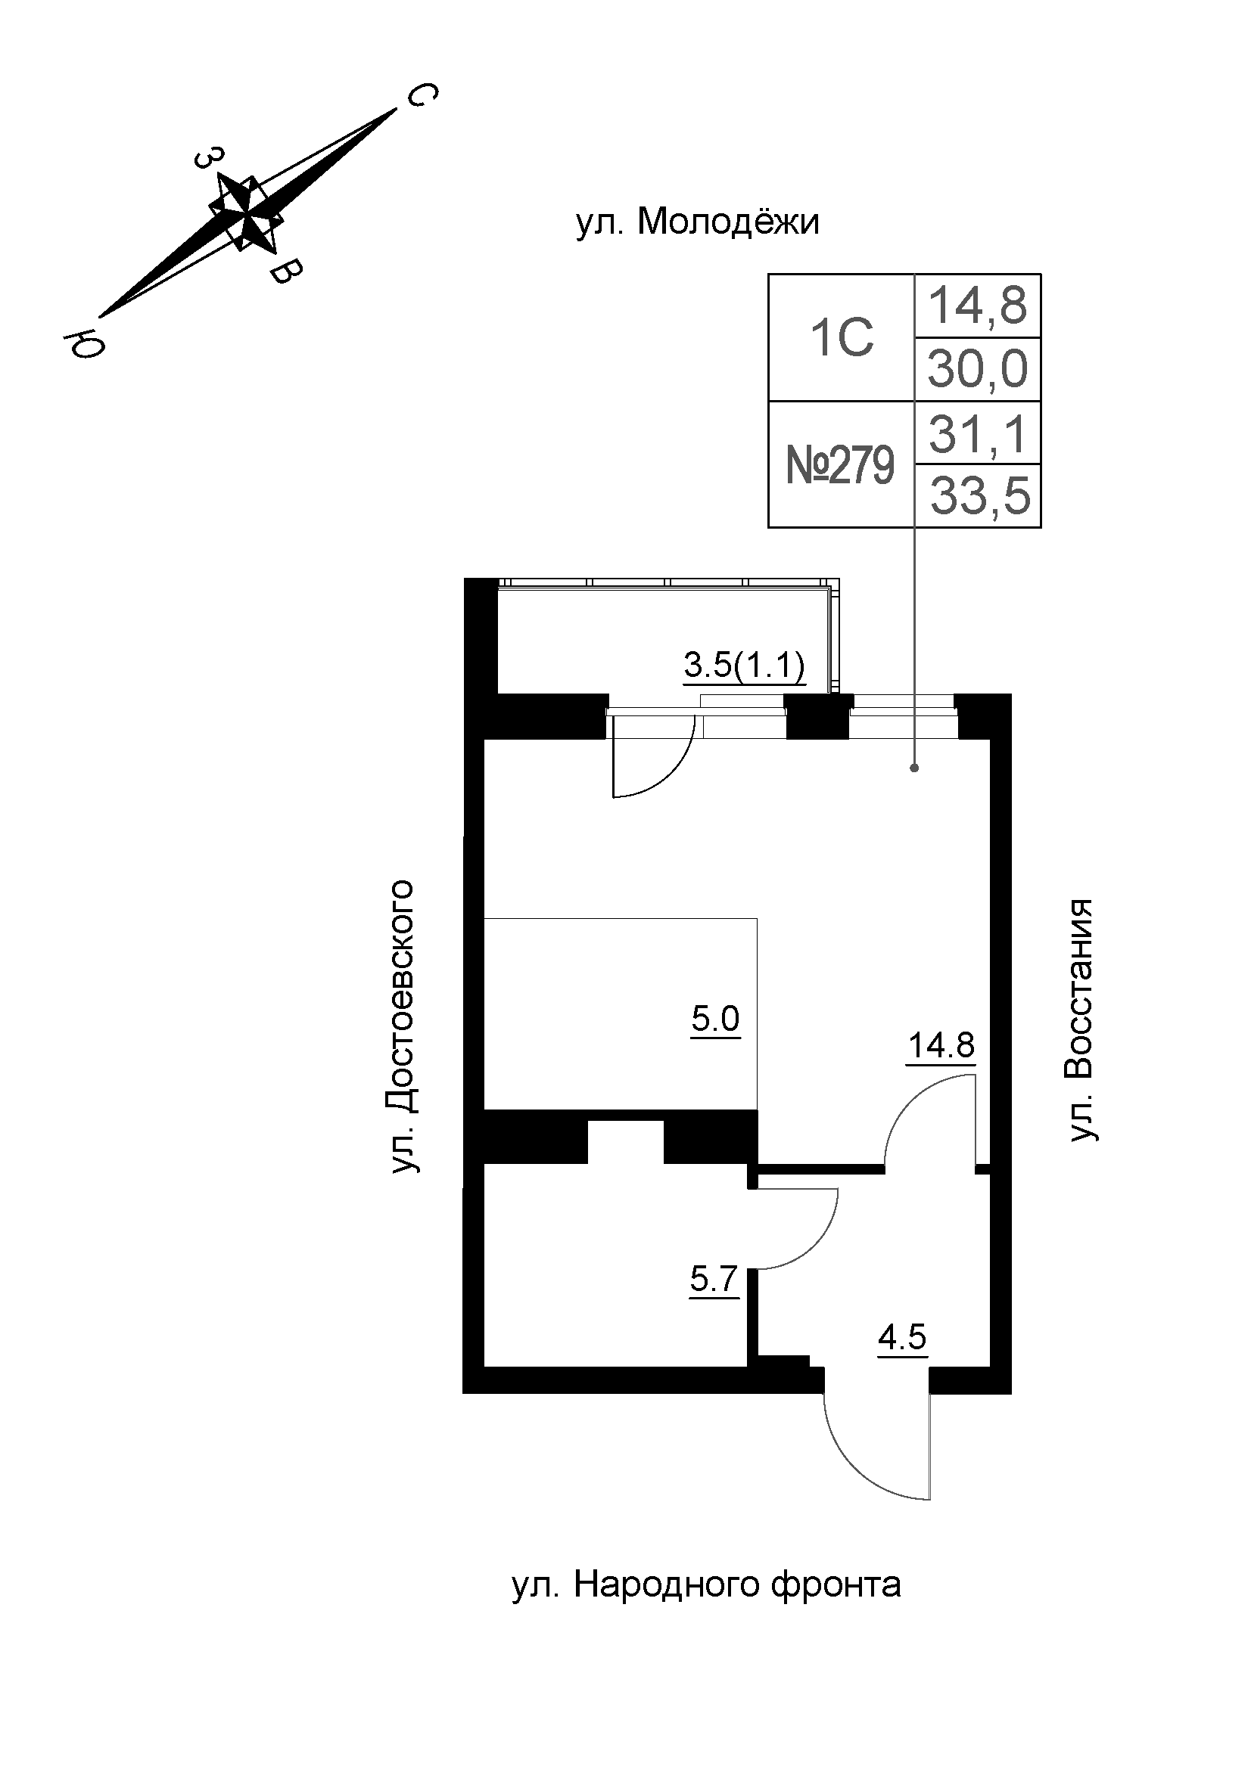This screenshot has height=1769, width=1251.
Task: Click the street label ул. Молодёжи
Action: pyautogui.click(x=698, y=223)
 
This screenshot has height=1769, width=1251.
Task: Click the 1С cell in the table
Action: pyautogui.click(x=842, y=337)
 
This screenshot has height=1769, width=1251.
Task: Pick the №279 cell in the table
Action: pyautogui.click(x=840, y=465)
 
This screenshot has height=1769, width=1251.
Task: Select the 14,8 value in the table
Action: pyautogui.click(x=977, y=305)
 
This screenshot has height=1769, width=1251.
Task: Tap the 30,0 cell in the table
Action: pyautogui.click(x=977, y=369)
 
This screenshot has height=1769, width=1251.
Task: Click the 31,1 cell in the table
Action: pyautogui.click(x=977, y=434)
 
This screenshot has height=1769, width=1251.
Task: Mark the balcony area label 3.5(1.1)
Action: pyautogui.click(x=744, y=665)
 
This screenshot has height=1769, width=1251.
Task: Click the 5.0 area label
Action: pyautogui.click(x=714, y=1020)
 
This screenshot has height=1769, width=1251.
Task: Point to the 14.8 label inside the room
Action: pyautogui.click(x=941, y=1046)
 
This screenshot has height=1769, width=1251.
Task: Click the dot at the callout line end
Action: pyautogui.click(x=914, y=768)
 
